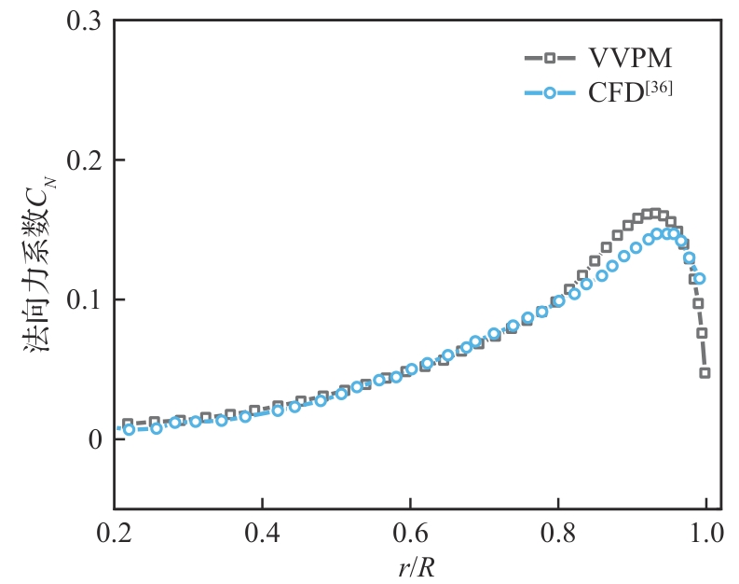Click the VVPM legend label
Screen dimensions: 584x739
pos(630,59)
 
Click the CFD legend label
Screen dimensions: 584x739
pos(617,93)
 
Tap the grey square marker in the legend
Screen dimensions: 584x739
pos(550,59)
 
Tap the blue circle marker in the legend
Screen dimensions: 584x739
pos(550,93)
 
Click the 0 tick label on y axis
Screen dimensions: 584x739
pos(93,439)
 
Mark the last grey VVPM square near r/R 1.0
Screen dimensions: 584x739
pos(705,373)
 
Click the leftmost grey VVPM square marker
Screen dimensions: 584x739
pos(128,424)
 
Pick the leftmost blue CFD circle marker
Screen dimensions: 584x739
pos(130,430)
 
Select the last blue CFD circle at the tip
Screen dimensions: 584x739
pos(700,278)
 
